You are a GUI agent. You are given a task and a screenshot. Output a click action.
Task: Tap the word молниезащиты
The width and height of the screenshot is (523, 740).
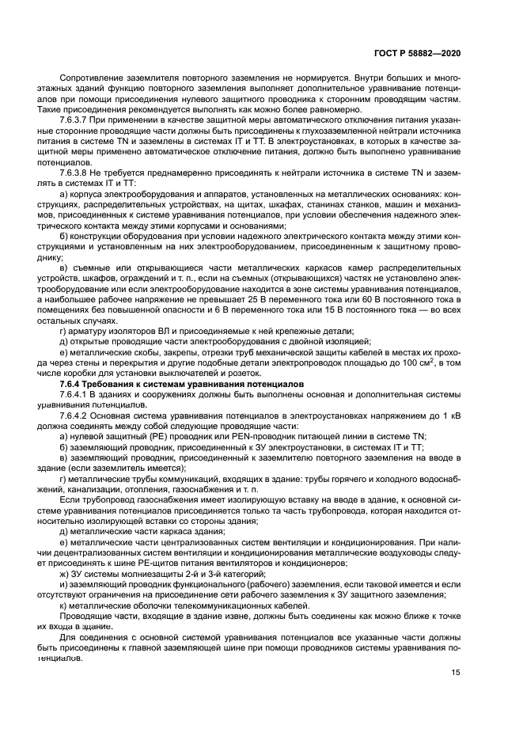coord(131,572)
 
